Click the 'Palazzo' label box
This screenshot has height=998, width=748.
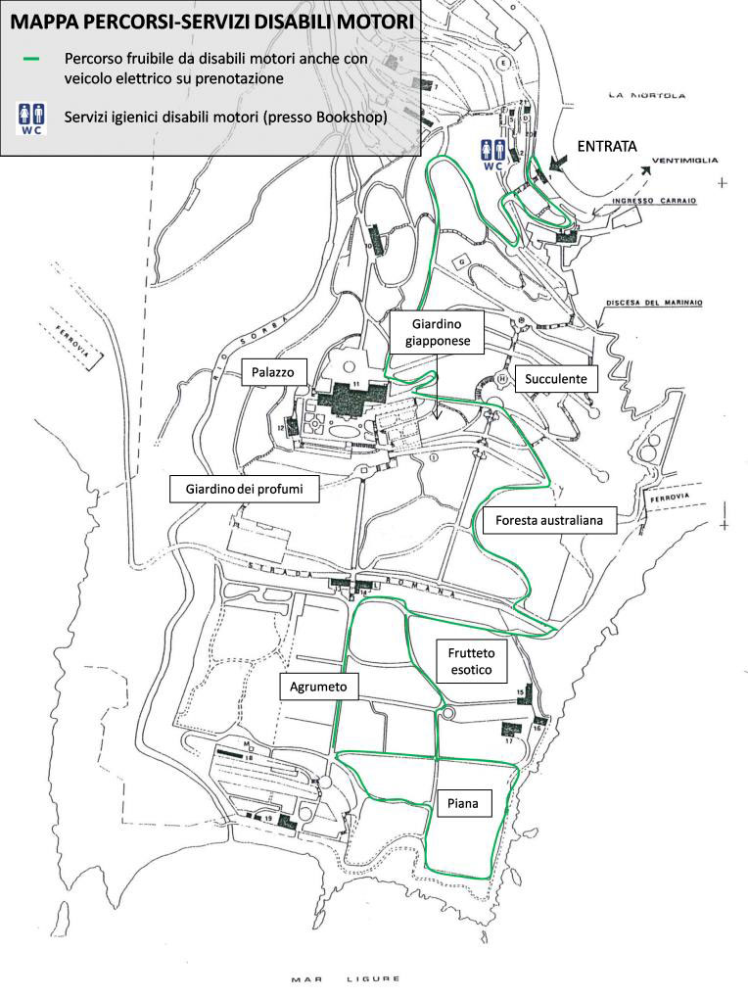click(x=275, y=372)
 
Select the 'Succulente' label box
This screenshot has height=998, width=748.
click(x=555, y=378)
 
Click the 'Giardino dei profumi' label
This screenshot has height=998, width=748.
click(x=245, y=488)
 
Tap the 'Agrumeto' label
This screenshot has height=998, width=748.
click(x=318, y=687)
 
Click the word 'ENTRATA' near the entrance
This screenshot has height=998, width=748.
click(x=607, y=146)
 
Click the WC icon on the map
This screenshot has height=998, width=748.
click(x=492, y=155)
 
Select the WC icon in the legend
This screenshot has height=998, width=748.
click(x=31, y=118)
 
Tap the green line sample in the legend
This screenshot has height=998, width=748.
click(x=31, y=58)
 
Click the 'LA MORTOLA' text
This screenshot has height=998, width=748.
click(x=642, y=95)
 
